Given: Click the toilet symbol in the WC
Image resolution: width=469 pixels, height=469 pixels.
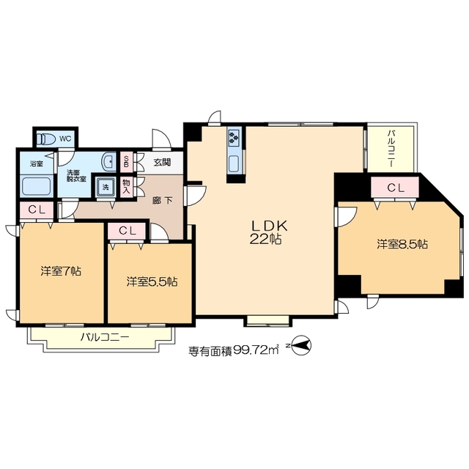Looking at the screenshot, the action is click(45, 139).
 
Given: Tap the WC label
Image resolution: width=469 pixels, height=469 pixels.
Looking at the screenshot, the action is click(65, 139).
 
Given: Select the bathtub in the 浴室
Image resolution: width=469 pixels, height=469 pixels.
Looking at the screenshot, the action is click(37, 185).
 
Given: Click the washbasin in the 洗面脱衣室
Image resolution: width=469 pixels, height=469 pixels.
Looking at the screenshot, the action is click(109, 163).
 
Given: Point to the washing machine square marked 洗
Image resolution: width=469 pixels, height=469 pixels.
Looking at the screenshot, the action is click(105, 187).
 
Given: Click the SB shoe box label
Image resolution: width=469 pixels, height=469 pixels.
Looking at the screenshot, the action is click(126, 162).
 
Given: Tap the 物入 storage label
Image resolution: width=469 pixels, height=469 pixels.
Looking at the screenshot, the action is click(126, 187).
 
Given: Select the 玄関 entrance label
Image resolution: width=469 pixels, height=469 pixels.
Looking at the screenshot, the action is click(162, 163).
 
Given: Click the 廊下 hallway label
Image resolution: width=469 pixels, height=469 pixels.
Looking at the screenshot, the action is click(163, 200).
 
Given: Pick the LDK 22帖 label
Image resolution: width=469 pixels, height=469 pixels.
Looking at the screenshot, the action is click(265, 232).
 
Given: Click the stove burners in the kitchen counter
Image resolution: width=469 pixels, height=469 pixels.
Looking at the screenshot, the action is click(234, 137).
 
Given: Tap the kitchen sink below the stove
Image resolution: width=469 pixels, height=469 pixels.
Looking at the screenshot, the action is click(234, 164).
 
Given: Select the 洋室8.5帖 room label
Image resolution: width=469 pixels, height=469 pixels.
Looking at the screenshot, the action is click(402, 244).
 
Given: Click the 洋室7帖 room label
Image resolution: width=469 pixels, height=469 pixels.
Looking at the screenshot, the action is click(61, 271).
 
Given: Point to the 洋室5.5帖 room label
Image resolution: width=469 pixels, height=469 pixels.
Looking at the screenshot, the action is click(152, 281).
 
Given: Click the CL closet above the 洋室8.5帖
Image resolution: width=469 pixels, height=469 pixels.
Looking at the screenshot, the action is click(395, 188).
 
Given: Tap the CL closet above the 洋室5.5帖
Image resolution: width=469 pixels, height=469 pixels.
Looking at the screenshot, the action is click(128, 231).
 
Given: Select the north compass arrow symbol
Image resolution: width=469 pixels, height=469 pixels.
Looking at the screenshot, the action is click(300, 346).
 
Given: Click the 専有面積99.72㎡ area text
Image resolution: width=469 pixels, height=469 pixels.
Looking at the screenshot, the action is click(233, 350).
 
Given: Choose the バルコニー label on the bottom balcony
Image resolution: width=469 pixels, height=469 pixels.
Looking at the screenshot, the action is click(105, 338).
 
